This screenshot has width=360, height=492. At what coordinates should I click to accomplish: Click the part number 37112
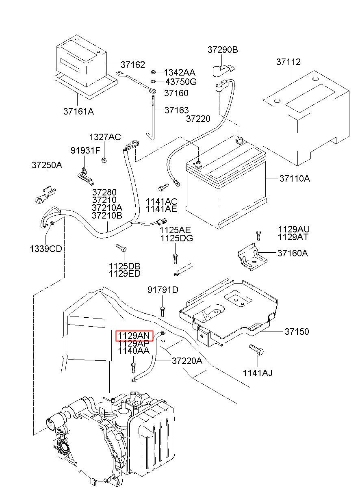coord(288,62)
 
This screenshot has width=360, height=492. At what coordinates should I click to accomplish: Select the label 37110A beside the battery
coord(295,178)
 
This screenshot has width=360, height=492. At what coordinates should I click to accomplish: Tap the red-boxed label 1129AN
coord(134,336)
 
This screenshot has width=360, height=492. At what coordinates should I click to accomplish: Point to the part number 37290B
coord(223,50)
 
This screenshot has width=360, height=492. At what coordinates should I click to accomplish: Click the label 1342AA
coord(180,72)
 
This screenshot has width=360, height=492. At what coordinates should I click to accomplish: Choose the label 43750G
coord(180,82)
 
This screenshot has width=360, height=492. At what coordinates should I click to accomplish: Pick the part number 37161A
coord(78,111)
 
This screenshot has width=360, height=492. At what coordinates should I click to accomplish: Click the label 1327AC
coord(105,137)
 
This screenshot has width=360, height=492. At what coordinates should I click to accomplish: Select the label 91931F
coord(85,150)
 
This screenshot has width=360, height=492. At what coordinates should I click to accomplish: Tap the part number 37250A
coord(47,165)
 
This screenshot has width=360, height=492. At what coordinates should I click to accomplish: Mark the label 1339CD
coord(46,249)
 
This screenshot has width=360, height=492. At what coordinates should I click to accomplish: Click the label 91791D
coord(163,290)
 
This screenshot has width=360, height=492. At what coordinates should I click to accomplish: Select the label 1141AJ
coord(258,373)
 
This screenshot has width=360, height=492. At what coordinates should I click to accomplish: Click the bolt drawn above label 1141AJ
coord(256,350)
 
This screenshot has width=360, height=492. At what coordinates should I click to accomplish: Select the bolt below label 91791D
coord(162,311)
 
